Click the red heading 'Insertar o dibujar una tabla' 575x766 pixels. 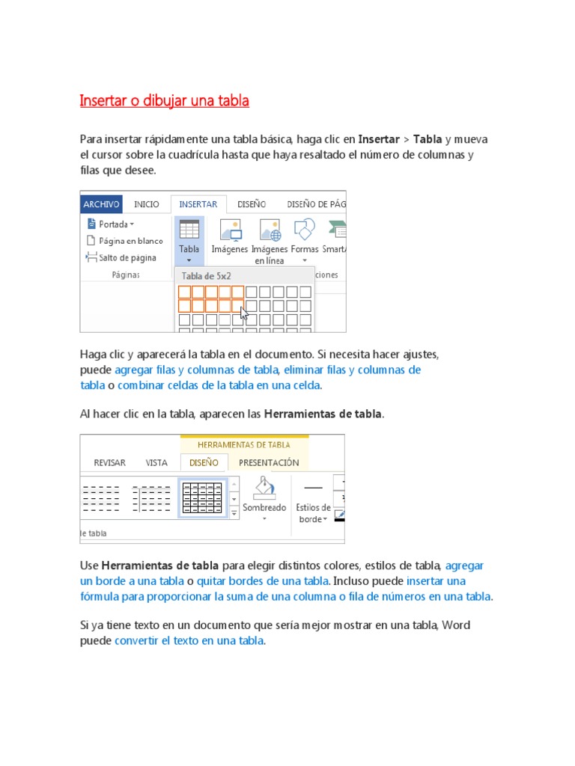tap(164, 100)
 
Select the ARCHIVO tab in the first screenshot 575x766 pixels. tap(101, 204)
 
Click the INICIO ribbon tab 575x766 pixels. tap(147, 204)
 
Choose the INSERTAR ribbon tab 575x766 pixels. tap(198, 204)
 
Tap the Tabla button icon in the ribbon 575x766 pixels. tap(189, 230)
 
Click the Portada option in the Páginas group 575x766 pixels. tap(112, 224)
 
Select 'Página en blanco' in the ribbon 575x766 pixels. tap(125, 241)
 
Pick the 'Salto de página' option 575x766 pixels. tap(122, 258)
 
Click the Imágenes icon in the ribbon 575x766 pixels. tap(230, 230)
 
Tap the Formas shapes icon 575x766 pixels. tap(304, 230)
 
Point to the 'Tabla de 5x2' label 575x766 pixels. tap(206, 275)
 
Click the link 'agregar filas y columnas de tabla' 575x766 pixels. tap(197, 370)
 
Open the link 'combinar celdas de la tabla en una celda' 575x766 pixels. tap(219, 385)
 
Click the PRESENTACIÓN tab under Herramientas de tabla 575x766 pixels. tap(269, 462)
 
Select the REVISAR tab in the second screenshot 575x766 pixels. tap(109, 462)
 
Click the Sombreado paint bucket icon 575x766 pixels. tap(264, 488)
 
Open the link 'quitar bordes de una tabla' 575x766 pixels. tap(263, 580)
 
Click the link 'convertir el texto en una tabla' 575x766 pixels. tap(189, 641)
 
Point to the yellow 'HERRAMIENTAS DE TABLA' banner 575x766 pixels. tap(244, 445)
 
